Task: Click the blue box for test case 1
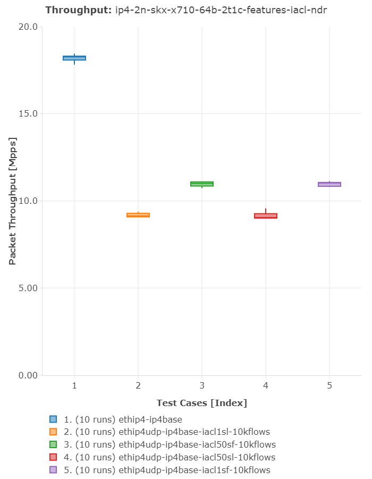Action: click(74, 58)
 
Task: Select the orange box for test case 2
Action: click(138, 215)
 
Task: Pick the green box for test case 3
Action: click(202, 184)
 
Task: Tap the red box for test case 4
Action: click(266, 216)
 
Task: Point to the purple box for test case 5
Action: click(329, 184)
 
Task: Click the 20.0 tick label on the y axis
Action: click(28, 27)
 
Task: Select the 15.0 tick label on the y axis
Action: click(28, 114)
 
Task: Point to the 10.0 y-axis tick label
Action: click(28, 201)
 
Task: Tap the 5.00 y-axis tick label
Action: click(28, 288)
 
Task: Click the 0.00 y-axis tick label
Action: click(28, 376)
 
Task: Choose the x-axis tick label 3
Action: click(202, 385)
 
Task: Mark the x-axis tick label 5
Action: click(329, 385)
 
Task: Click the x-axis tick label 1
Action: click(74, 385)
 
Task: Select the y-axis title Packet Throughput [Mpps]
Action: click(13, 201)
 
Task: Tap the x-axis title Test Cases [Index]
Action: click(202, 403)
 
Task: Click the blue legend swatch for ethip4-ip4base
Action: click(53, 419)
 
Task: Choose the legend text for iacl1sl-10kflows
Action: click(167, 432)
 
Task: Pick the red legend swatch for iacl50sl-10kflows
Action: click(53, 457)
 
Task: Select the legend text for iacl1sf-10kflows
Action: click(167, 470)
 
